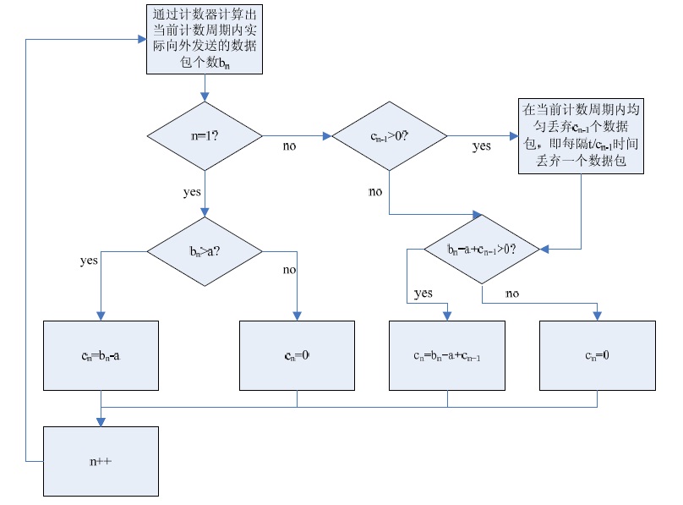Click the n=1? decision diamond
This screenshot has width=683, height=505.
(205, 134)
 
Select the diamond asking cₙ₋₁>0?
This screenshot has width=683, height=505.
(389, 134)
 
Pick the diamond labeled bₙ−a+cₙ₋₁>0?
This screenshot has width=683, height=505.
(482, 250)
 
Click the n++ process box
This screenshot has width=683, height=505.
(101, 461)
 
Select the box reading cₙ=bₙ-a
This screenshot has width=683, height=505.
(101, 355)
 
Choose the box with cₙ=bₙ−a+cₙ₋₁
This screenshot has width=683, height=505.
(446, 355)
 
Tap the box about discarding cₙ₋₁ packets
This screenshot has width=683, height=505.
(580, 136)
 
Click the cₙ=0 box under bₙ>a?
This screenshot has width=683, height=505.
(297, 355)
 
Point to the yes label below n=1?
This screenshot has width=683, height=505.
(192, 192)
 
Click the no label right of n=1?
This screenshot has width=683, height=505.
(289, 146)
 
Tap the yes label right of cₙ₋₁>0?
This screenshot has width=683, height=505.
(481, 146)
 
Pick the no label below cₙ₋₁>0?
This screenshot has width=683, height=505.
(375, 192)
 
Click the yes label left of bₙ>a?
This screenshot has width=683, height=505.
(89, 261)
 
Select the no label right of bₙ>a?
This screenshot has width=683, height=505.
(289, 270)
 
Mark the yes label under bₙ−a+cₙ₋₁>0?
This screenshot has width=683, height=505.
(423, 293)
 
